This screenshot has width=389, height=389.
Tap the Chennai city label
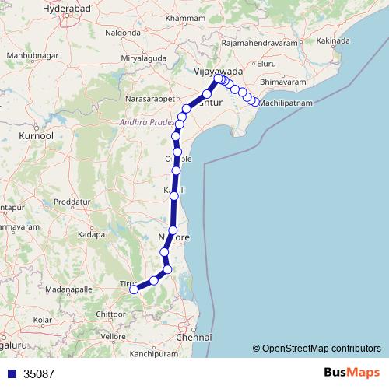[x=194, y=338]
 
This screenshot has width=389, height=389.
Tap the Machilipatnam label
[x=286, y=102]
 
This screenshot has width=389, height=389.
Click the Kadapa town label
[x=91, y=233]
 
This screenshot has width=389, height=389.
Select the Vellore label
[x=113, y=336]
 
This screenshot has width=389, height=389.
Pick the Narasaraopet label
[x=152, y=100]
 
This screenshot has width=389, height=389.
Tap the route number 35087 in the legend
[x=39, y=373]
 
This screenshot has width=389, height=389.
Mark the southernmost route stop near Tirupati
[x=133, y=289]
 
